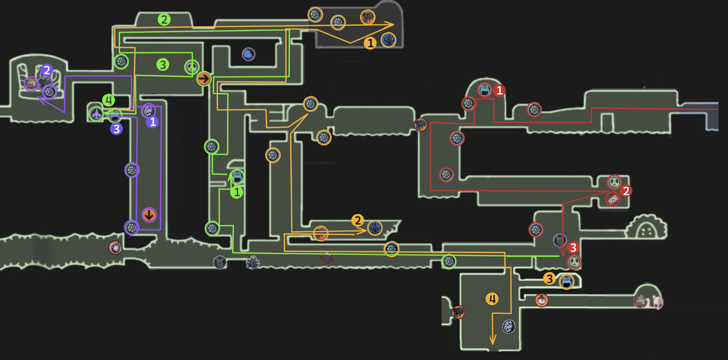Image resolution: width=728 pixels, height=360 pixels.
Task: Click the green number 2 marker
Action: click(164, 20)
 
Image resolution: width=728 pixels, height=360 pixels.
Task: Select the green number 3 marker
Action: click(162, 65)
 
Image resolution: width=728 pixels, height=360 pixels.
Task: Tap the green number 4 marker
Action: click(108, 100)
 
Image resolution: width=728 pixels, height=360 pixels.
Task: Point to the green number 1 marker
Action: click(237, 193)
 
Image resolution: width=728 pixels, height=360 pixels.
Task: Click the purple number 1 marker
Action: click(152, 122)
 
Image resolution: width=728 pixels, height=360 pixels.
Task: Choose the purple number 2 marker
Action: click(46, 71)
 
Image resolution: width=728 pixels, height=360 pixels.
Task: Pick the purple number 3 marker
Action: click(116, 129)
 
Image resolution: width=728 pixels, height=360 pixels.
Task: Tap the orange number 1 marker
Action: click(370, 43)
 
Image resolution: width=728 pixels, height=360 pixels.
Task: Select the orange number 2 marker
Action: click(358, 221)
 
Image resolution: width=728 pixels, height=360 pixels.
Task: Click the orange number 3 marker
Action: click(549, 279)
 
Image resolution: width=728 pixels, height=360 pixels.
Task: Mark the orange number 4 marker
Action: click(492, 299)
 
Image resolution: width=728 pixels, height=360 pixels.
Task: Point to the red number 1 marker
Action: click(499, 91)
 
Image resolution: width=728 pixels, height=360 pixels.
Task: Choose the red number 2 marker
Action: click(626, 191)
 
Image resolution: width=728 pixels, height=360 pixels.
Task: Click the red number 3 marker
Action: click(573, 248)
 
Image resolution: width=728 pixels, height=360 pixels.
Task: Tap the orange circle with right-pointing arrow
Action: click(204, 79)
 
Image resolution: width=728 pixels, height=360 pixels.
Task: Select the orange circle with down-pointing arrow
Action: click(149, 215)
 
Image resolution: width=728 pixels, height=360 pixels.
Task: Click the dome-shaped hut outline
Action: click(646, 227)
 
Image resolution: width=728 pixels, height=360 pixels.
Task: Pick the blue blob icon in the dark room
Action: click(248, 55)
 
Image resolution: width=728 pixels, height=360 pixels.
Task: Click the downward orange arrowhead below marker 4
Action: click(492, 340)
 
